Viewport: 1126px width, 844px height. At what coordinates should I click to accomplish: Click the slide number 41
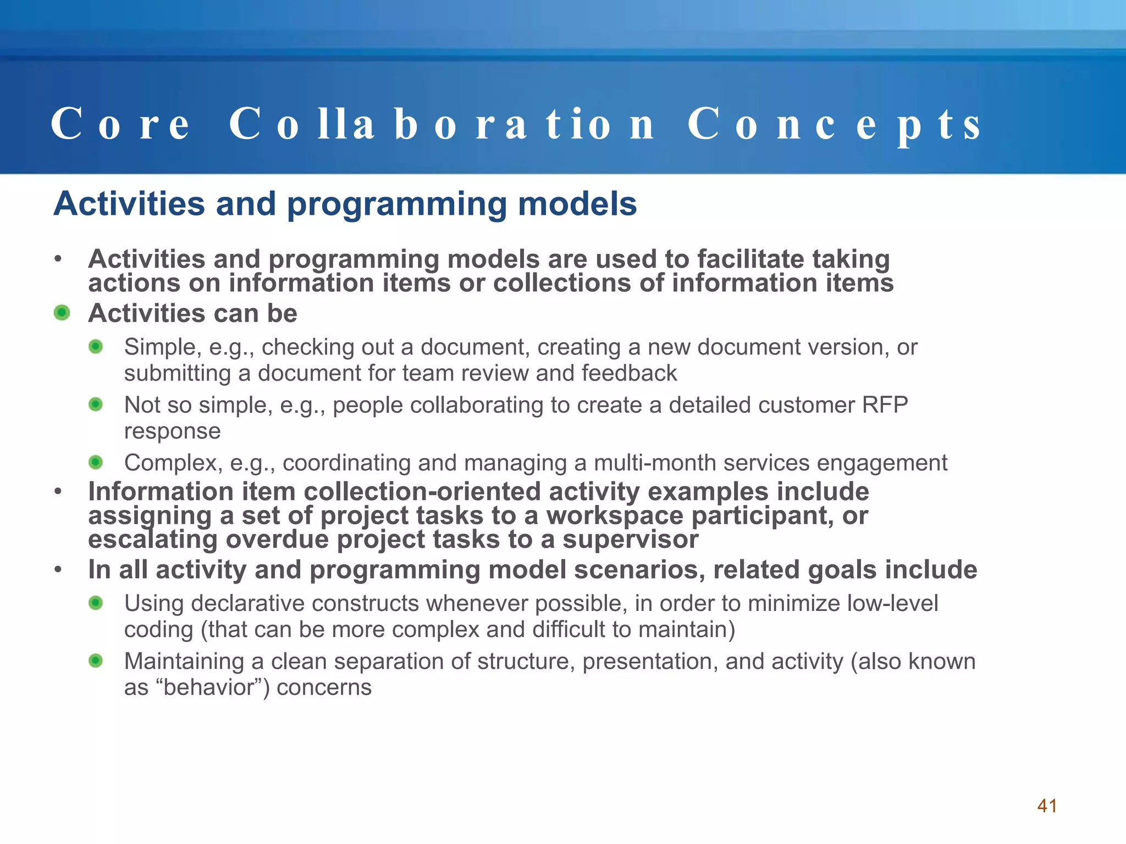(1046, 806)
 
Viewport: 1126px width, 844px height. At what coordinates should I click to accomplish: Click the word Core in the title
(120, 124)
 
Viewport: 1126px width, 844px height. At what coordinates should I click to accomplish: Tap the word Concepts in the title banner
(834, 124)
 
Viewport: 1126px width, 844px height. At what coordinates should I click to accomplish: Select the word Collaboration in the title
(441, 124)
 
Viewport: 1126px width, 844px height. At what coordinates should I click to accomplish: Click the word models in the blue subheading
(577, 204)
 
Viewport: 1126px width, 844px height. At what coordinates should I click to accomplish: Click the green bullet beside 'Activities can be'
(62, 313)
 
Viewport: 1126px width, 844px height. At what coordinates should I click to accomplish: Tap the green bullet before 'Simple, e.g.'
(96, 347)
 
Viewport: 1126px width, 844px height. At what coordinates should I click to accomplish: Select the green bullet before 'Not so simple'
(96, 405)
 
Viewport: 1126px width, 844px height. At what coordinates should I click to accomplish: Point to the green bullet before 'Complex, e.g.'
(96, 463)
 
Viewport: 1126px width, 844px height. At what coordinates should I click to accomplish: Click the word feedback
(629, 374)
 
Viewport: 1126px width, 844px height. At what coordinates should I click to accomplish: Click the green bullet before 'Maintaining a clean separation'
(96, 660)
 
